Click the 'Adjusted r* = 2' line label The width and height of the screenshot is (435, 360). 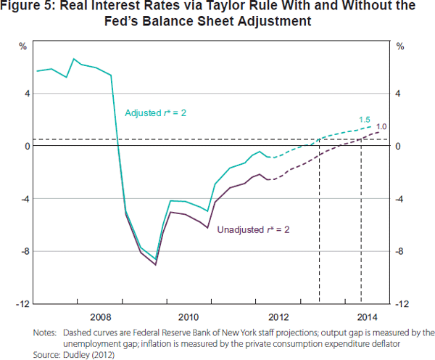click(x=156, y=113)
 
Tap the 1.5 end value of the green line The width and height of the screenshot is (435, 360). click(x=365, y=119)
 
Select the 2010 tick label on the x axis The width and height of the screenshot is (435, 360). click(x=188, y=316)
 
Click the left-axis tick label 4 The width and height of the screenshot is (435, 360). click(x=26, y=94)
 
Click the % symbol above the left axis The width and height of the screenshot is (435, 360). click(x=22, y=46)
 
